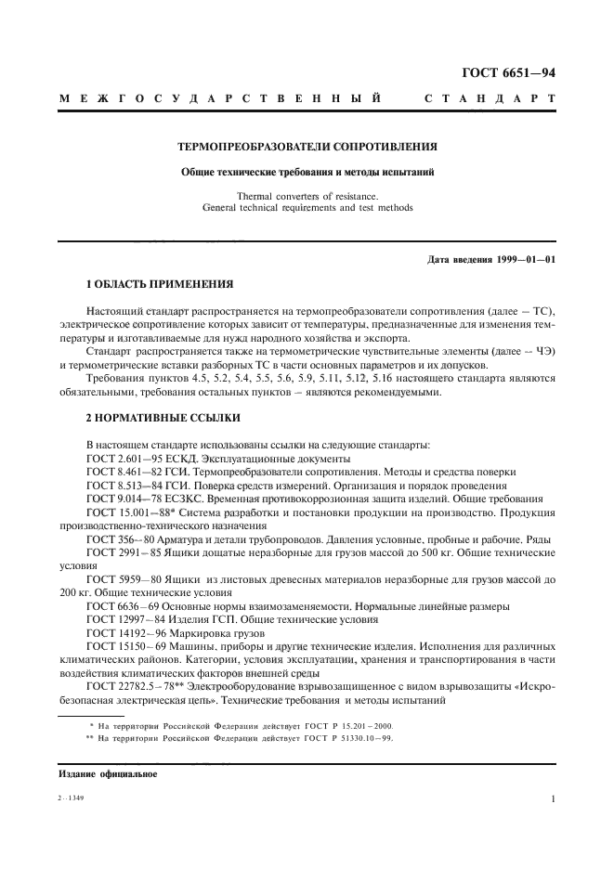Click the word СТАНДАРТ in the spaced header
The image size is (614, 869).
[x=490, y=97]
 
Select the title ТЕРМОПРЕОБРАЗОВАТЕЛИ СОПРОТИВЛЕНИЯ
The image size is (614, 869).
[x=307, y=146]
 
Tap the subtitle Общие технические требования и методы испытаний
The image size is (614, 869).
[x=307, y=172]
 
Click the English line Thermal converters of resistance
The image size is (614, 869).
[x=307, y=196]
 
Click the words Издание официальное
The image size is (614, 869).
[x=108, y=772]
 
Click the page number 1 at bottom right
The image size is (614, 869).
[x=552, y=798]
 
